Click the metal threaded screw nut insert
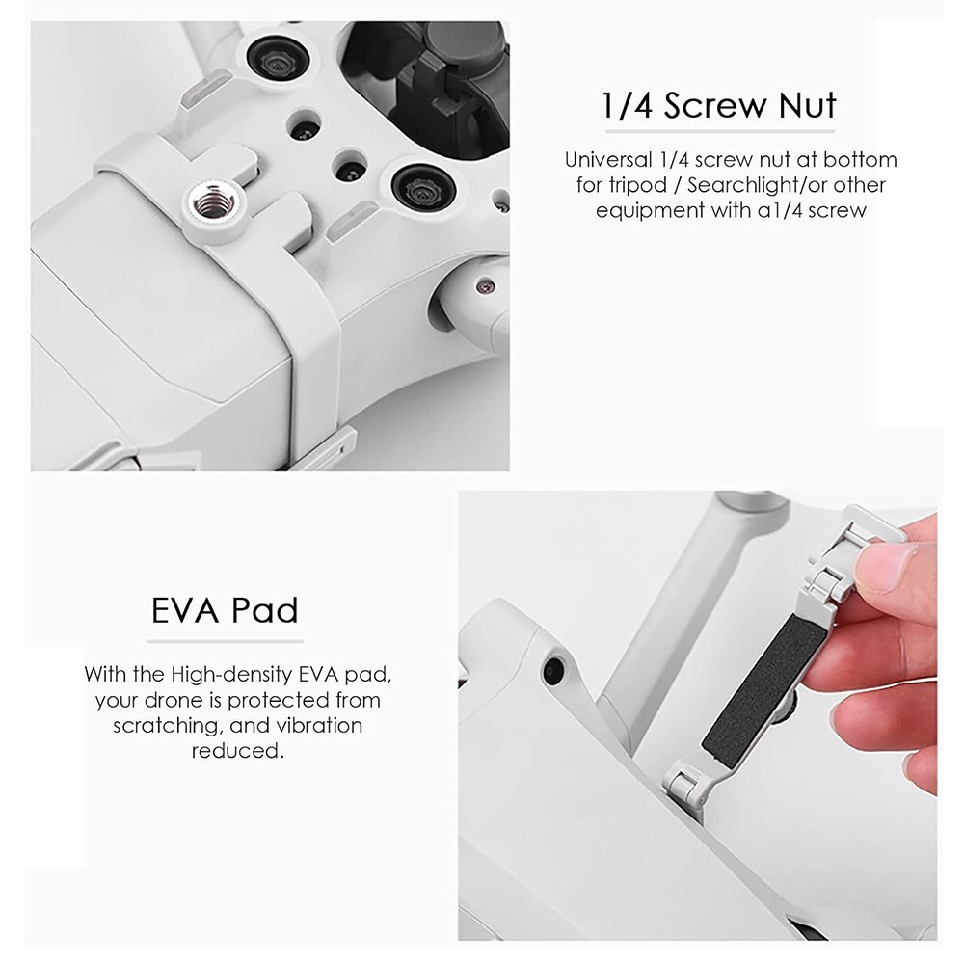(x=214, y=202)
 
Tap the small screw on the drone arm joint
(x=485, y=285)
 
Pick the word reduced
(x=237, y=750)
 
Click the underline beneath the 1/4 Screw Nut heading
(x=718, y=130)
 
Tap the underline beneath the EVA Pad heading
(x=225, y=640)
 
